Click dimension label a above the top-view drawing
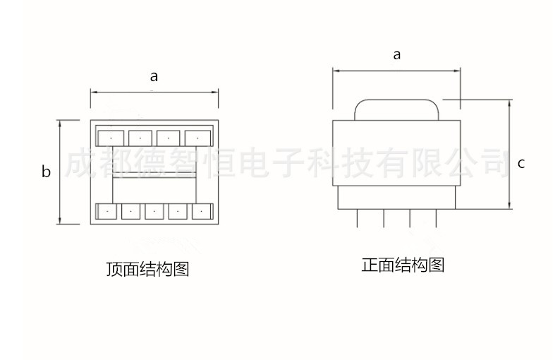coord(154,77)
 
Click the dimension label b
coord(46,172)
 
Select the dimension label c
coord(521,163)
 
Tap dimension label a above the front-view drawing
coord(396,54)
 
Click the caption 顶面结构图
coord(148,270)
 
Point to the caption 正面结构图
coord(403,265)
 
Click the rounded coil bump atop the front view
coord(396,109)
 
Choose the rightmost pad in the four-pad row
coord(197,137)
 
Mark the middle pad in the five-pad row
coord(154,211)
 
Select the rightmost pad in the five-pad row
coord(201,211)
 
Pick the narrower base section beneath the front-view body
coord(396,198)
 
